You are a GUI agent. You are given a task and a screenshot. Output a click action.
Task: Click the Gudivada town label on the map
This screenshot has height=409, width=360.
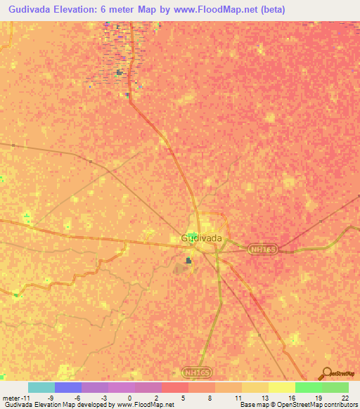tap(202, 238)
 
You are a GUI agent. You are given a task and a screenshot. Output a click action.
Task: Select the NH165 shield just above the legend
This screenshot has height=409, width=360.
tap(195, 371)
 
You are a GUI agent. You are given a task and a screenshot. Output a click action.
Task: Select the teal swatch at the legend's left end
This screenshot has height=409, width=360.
tap(41, 387)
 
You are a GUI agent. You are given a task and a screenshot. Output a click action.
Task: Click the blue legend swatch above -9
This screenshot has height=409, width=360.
tap(68, 387)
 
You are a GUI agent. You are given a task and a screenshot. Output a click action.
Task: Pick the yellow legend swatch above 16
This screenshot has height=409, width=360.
tap(282, 387)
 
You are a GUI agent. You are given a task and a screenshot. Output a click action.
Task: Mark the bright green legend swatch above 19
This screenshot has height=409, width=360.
tap(309, 387)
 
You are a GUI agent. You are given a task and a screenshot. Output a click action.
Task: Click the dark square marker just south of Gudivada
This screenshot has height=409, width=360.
tap(188, 261)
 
